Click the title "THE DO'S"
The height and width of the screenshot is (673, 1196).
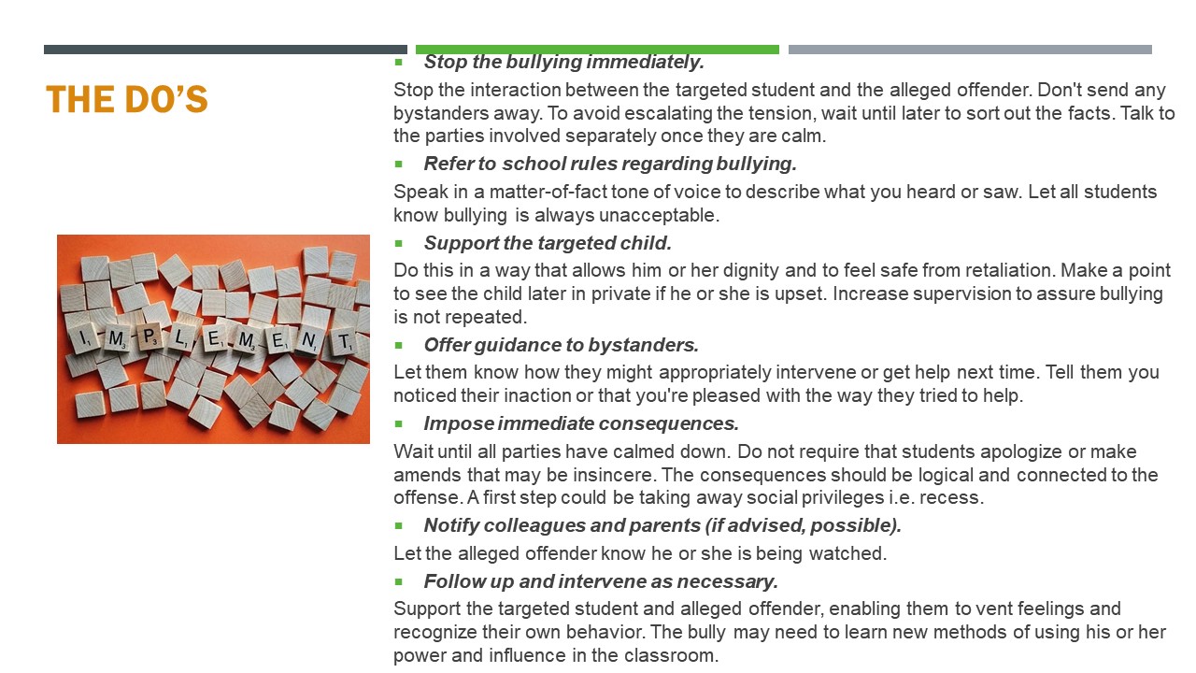coord(126,100)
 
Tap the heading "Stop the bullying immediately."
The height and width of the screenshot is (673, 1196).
coord(563,63)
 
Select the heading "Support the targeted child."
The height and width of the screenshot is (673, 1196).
coord(548,243)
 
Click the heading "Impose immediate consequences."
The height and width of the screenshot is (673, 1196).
coord(581,423)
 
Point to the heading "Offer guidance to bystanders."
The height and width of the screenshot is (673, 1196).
coord(561,345)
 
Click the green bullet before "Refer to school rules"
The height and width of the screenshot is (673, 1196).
coord(399,164)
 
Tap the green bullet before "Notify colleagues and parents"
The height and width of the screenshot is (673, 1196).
coord(399,525)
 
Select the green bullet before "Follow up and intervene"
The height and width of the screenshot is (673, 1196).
coord(399,581)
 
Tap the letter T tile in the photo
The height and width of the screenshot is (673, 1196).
coord(344,342)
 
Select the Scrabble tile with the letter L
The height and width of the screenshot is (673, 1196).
coord(181,339)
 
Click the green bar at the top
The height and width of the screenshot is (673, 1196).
coord(597,50)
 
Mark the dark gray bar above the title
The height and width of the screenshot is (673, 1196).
coord(225,50)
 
